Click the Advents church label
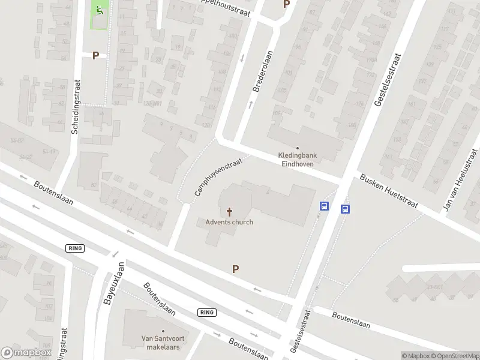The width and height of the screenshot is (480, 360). pyautogui.click(x=229, y=222)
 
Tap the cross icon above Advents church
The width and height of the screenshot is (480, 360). pyautogui.click(x=229, y=212)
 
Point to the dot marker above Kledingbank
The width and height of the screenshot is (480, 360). pyautogui.click(x=298, y=148)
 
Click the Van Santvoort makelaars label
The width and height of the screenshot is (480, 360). pyautogui.click(x=161, y=342)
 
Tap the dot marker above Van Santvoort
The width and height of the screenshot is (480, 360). pyautogui.click(x=161, y=330)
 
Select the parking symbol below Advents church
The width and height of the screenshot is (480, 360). pyautogui.click(x=236, y=269)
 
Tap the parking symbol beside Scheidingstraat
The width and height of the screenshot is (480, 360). pyautogui.click(x=95, y=55)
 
